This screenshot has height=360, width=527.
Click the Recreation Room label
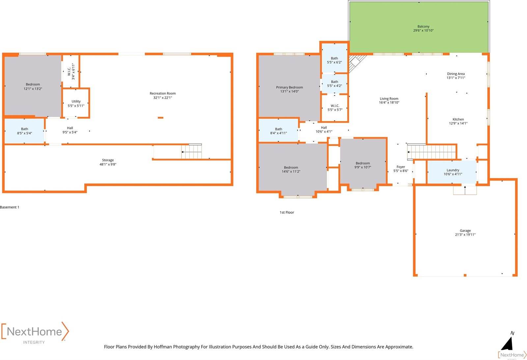coord(162,94)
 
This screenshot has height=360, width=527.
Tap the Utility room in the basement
coord(76,103)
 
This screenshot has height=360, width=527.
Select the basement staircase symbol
coord(191,152)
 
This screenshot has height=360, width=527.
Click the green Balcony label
coord(423,27)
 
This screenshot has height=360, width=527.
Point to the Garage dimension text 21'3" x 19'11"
coord(465,235)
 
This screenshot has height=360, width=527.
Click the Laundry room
coord(453,172)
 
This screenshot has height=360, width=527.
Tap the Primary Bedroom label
coord(289,87)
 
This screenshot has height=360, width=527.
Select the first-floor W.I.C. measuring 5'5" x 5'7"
coord(335,108)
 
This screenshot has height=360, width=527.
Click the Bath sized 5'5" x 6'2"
coord(334,60)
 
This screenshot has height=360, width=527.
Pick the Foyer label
coord(401,167)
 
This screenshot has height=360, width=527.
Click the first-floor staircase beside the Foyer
coord(431,152)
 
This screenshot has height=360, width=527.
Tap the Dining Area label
coord(456,74)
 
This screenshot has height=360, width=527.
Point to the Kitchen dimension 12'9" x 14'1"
coord(458,124)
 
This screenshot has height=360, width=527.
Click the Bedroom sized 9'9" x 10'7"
coord(363,165)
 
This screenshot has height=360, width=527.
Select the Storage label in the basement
coord(108,160)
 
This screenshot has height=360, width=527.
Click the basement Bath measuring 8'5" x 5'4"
coord(25,131)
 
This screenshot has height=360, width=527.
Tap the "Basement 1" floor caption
coord(10,207)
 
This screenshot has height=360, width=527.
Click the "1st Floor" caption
coord(287,213)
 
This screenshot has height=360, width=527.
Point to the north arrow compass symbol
coord(508,343)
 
